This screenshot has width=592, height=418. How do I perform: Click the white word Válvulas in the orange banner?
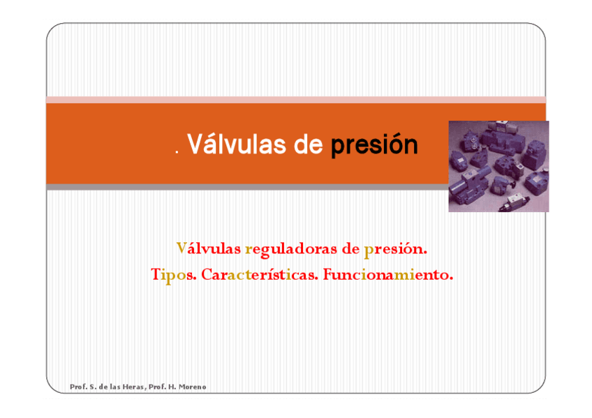[x=237, y=144]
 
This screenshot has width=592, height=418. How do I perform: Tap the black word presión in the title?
[x=374, y=144]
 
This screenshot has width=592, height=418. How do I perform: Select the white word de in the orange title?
[x=308, y=144]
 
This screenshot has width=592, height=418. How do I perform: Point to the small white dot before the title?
[x=177, y=152]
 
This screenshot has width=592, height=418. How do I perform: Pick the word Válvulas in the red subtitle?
[x=209, y=248]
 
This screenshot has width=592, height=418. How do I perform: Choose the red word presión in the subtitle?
[x=395, y=250]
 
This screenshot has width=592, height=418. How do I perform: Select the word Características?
[x=260, y=274]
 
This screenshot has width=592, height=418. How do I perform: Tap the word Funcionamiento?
[x=387, y=274]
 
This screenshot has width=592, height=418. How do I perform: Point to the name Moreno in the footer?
[x=192, y=387]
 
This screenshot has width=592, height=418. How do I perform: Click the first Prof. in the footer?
[x=78, y=387]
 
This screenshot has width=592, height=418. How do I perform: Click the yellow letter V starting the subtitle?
[x=182, y=248]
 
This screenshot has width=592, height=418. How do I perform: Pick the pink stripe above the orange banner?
[x=296, y=100]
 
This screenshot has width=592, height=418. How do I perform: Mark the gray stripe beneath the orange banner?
[x=247, y=187]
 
